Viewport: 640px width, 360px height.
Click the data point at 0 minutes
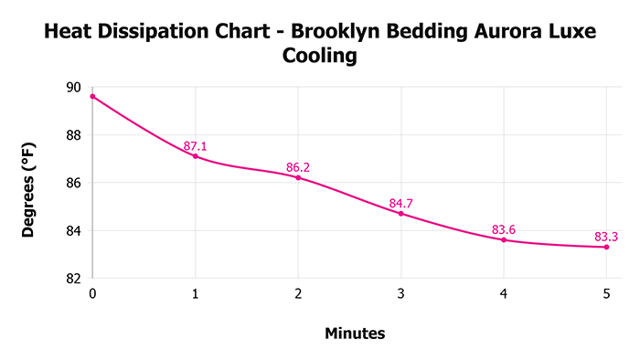coord(92,96)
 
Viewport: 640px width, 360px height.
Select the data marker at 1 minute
coord(195,156)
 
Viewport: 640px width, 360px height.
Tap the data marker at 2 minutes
coord(298,177)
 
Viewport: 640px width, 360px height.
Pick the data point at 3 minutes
coord(400,213)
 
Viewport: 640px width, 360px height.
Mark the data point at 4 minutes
coord(504,239)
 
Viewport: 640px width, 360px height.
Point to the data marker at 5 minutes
coord(606,247)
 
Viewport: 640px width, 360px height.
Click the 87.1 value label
coord(195,146)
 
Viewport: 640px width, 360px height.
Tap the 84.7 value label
coord(400,203)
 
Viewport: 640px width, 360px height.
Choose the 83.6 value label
coord(504,229)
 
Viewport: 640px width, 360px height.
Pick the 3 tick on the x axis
coord(400,294)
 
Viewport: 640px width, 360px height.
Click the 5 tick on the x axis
coord(606,294)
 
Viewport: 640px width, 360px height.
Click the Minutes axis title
coord(355,334)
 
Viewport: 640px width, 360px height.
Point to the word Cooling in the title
coord(319,56)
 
